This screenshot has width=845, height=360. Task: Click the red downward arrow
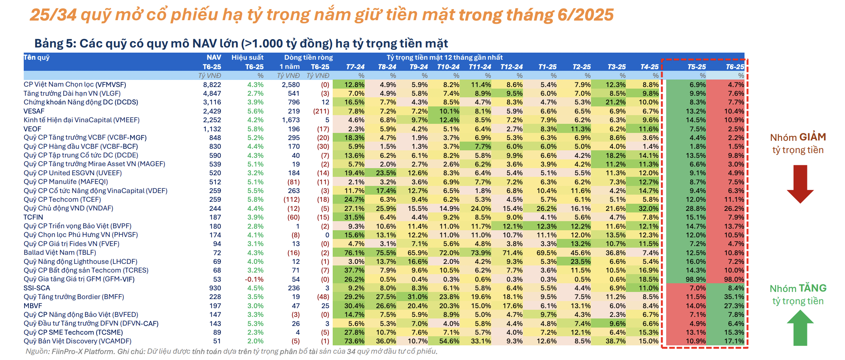(800, 184)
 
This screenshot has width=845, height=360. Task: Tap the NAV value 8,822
(212, 85)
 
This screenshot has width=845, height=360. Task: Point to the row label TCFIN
(33, 217)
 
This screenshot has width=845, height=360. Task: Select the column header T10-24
(448, 67)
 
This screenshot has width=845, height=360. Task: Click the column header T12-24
(512, 67)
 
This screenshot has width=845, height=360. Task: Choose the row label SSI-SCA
(37, 288)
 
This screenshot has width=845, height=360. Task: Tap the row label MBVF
(33, 306)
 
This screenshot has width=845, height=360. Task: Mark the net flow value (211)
(321, 111)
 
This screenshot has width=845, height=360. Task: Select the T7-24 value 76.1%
(354, 253)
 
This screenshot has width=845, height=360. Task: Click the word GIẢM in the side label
(812, 137)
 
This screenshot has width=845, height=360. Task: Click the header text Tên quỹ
(37, 57)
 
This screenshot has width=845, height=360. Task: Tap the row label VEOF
(32, 129)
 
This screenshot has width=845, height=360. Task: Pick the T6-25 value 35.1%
(734, 297)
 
